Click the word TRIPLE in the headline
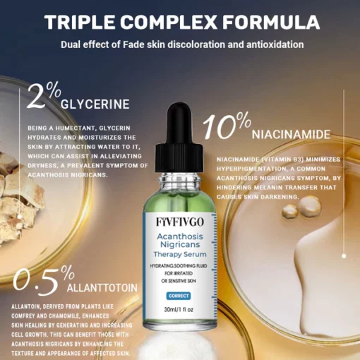click(80, 22)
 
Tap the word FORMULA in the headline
click(271, 22)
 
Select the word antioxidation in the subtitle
click(275, 44)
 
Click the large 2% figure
click(44, 96)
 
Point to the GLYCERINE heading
click(95, 104)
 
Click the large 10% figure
click(227, 126)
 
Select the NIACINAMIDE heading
click(291, 135)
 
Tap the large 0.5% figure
click(44, 281)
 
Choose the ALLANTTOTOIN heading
click(102, 288)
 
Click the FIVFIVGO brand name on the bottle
click(180, 222)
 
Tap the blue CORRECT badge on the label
click(179, 296)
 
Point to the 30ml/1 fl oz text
click(179, 310)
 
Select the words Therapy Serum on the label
click(180, 254)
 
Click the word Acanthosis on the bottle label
click(180, 236)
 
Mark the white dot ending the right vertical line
click(344, 256)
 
